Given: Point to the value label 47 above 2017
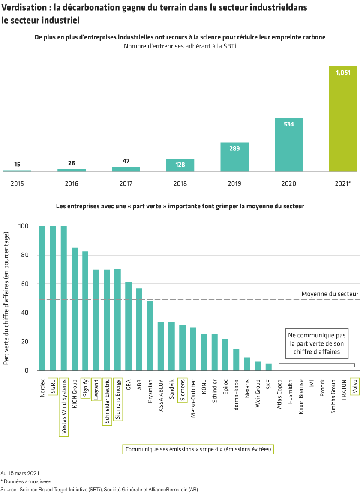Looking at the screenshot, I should pyautogui.click(x=126, y=161).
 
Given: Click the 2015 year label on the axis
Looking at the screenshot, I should pyautogui.click(x=17, y=183).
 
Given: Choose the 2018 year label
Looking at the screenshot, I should pyautogui.click(x=180, y=183).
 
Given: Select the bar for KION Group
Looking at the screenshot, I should pyautogui.click(x=75, y=309).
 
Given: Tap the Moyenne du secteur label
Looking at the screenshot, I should pyautogui.click(x=330, y=294).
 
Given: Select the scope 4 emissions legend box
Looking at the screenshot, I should pyautogui.click(x=198, y=449).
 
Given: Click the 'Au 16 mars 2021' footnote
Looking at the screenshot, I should pyautogui.click(x=20, y=473).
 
